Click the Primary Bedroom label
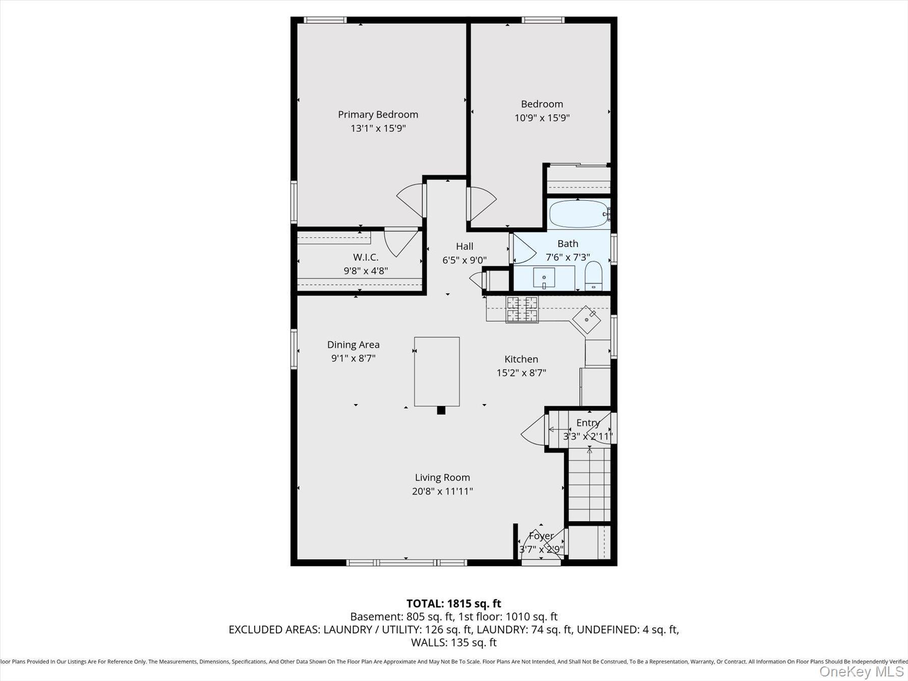pos(378,115)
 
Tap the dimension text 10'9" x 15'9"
pos(542,118)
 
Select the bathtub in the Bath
pos(578,214)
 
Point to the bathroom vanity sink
pos(544,278)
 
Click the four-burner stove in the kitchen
pos(522,309)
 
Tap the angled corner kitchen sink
pos(586,320)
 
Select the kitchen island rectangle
pos(437,371)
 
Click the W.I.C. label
pos(366,257)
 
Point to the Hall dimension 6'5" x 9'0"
pos(464,260)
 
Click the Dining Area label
pos(353,345)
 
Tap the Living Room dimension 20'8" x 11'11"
pos(442,491)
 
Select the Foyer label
pos(541,536)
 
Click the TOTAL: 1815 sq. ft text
pos(453,603)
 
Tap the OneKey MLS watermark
pos(861,671)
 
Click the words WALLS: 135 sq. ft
pos(453,643)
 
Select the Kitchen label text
pos(521,359)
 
